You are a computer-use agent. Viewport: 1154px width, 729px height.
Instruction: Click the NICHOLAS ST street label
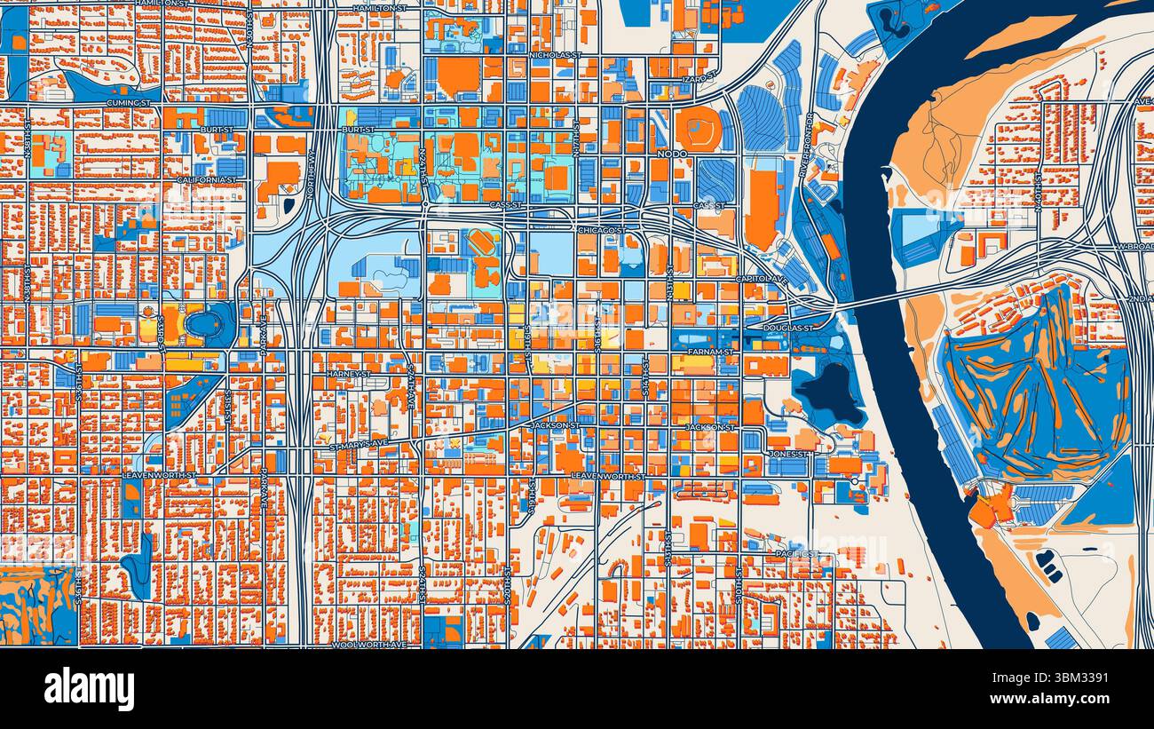tap(555, 55)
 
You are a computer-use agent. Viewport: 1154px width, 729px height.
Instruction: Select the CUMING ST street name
tap(128, 103)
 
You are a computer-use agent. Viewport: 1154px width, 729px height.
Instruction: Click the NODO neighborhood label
tap(672, 155)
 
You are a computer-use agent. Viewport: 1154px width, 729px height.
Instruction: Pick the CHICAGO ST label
tap(601, 231)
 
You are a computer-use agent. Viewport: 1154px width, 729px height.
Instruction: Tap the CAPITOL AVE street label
tap(761, 280)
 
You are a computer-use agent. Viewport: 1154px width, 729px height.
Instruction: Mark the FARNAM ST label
tap(711, 353)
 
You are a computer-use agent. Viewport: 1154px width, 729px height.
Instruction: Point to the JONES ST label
tap(788, 454)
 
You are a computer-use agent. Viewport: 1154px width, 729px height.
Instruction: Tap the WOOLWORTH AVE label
tap(368, 645)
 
